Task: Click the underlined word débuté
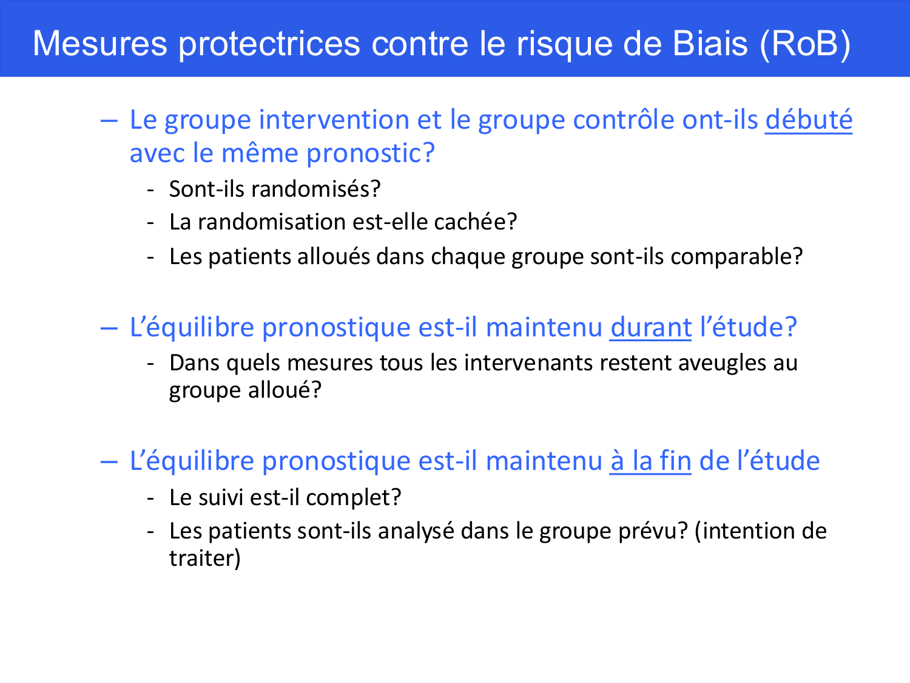pos(808,120)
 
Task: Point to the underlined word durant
pos(650,328)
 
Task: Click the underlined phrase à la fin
pos(650,461)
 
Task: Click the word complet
pos(353,498)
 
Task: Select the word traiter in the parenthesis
pos(203,559)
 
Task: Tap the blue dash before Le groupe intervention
pos(109,120)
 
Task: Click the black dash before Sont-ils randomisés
pos(150,189)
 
